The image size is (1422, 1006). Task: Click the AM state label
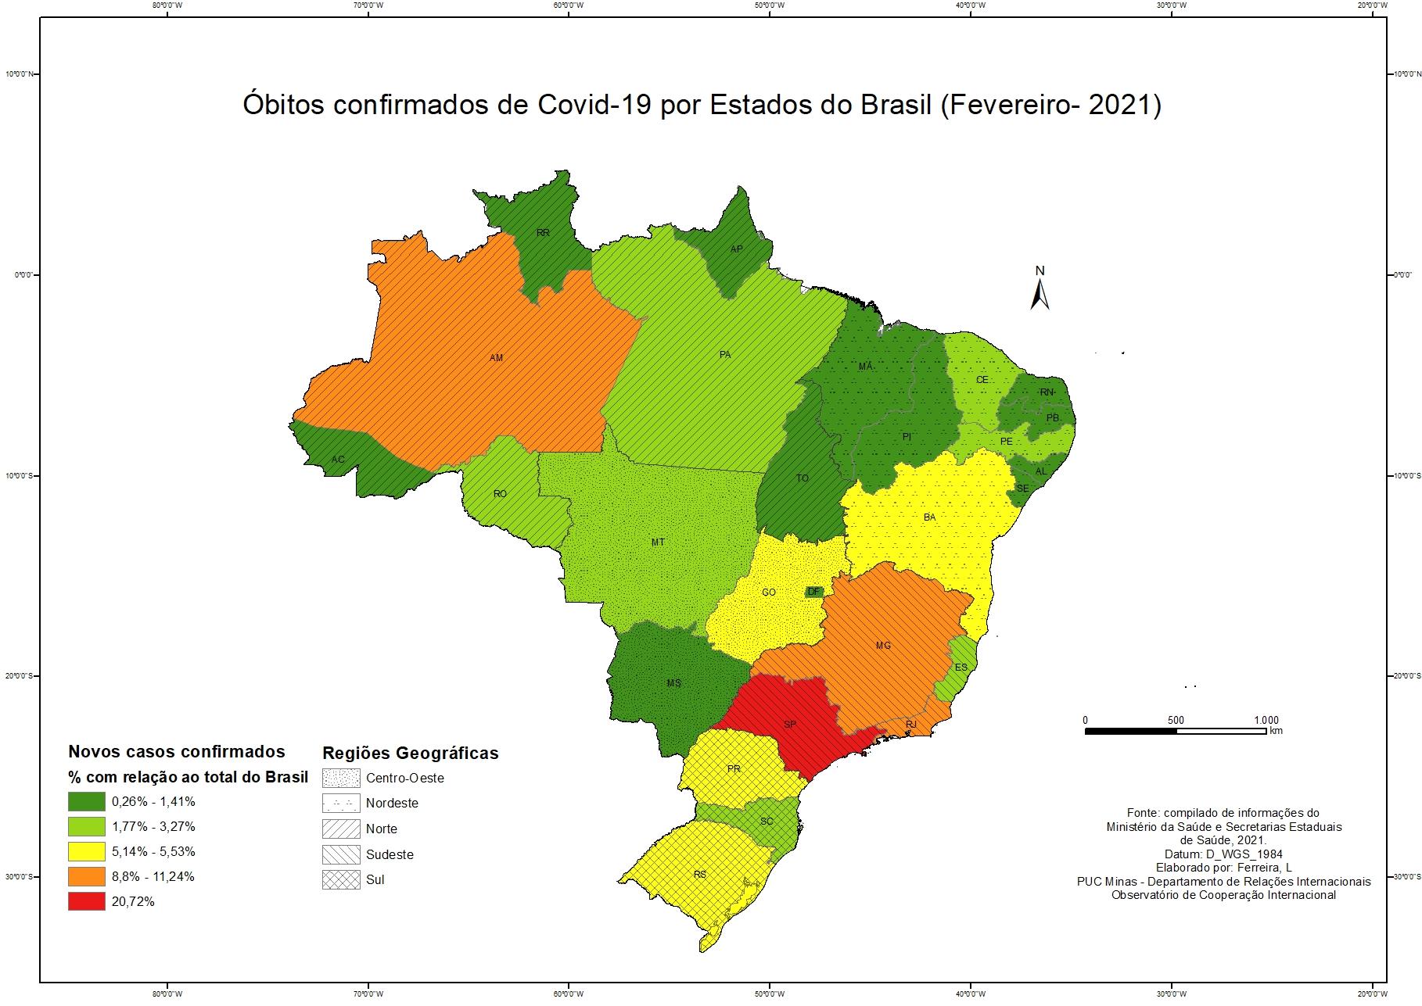[496, 358]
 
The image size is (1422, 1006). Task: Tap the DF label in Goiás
[813, 592]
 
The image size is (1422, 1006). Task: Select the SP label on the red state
[790, 725]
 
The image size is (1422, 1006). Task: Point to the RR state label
[543, 232]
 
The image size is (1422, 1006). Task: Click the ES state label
[961, 667]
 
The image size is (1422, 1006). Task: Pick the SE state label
[1022, 489]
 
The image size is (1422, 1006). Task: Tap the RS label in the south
[700, 874]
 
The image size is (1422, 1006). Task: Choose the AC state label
[337, 459]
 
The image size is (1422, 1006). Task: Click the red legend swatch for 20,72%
[86, 901]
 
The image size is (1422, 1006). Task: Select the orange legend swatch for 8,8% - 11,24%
[86, 876]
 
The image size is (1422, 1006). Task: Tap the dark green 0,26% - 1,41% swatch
[86, 801]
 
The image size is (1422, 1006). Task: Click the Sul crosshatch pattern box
[341, 879]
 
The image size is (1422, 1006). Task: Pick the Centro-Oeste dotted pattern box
[341, 778]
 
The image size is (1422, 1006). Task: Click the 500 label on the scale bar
[1175, 720]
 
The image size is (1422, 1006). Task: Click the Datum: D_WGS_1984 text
[1223, 854]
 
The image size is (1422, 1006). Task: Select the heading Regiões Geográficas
[411, 754]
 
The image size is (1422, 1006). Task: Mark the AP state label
[736, 249]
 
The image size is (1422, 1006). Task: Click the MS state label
[673, 683]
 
